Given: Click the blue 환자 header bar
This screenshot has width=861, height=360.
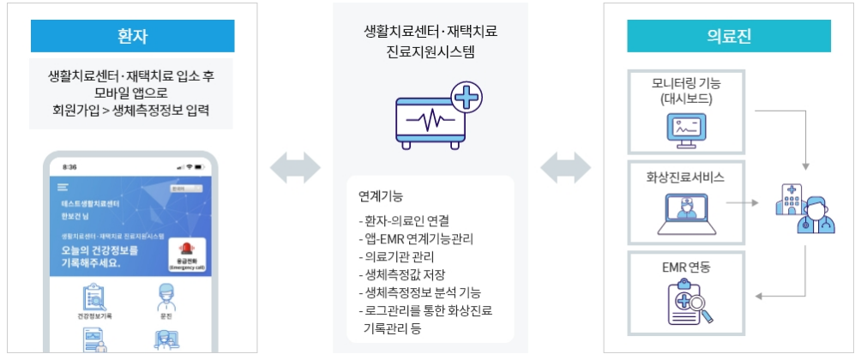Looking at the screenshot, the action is pyautogui.click(x=132, y=37).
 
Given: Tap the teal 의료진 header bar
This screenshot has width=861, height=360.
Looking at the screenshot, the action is pyautogui.click(x=729, y=37).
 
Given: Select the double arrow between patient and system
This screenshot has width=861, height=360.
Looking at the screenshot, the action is pyautogui.click(x=295, y=168).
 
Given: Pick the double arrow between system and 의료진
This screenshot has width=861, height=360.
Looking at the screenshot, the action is pyautogui.click(x=566, y=168).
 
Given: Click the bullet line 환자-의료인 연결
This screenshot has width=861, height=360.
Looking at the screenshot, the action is pyautogui.click(x=404, y=220).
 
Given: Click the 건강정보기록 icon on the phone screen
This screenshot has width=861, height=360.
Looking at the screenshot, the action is pyautogui.click(x=93, y=299).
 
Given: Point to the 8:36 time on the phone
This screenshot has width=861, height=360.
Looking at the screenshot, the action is pyautogui.click(x=69, y=166).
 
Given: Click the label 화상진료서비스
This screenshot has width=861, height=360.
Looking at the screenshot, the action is pyautogui.click(x=686, y=178).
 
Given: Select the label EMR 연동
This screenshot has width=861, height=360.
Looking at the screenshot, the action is pyautogui.click(x=686, y=267).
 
